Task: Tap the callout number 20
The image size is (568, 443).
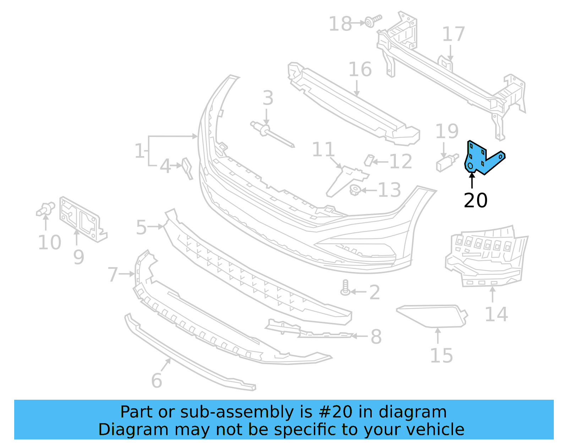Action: (475, 201)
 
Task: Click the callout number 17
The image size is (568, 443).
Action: (453, 35)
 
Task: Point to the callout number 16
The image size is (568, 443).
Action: (360, 70)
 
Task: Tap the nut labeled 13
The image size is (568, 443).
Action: (355, 190)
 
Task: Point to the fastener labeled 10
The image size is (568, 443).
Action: (45, 209)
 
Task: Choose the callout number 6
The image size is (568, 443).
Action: (157, 381)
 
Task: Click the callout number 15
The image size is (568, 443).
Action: (441, 356)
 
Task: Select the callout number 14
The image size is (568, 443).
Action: (496, 315)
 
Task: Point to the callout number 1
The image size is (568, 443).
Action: (140, 151)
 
